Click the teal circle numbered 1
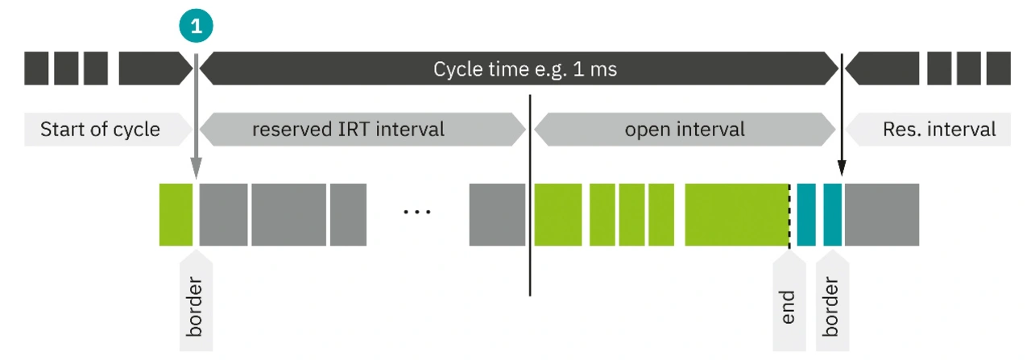pyautogui.click(x=196, y=26)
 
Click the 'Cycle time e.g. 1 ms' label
pyautogui.click(x=524, y=69)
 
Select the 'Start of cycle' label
pyautogui.click(x=100, y=130)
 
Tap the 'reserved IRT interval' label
pyautogui.click(x=349, y=130)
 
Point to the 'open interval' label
pyautogui.click(x=685, y=130)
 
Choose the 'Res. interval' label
pyautogui.click(x=939, y=130)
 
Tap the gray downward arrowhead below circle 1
pyautogui.click(x=196, y=168)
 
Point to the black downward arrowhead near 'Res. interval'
pyautogui.click(x=842, y=168)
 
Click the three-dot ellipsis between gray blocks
pyautogui.click(x=416, y=212)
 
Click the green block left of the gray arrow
pyautogui.click(x=176, y=214)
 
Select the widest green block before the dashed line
pyautogui.click(x=736, y=214)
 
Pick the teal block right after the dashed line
pyautogui.click(x=806, y=214)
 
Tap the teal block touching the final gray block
pyautogui.click(x=832, y=214)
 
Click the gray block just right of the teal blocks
pyautogui.click(x=882, y=214)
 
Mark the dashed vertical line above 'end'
pyautogui.click(x=789, y=217)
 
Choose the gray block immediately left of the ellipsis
pyautogui.click(x=349, y=214)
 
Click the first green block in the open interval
pyautogui.click(x=558, y=214)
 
